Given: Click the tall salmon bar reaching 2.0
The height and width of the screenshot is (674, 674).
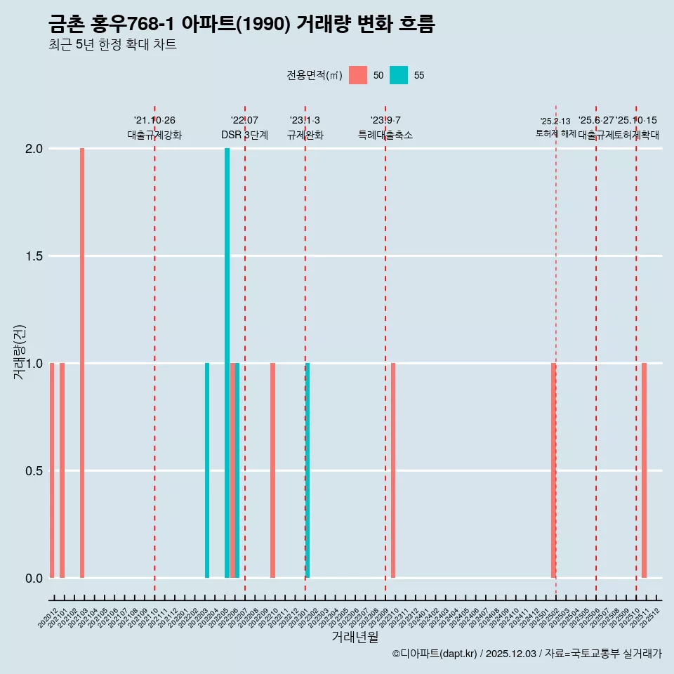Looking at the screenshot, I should [x=82, y=363].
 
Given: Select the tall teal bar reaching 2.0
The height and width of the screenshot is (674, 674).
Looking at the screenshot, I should [x=227, y=363].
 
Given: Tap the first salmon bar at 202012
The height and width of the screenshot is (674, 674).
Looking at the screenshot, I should [x=52, y=470].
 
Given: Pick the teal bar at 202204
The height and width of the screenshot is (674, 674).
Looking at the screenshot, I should [x=207, y=470].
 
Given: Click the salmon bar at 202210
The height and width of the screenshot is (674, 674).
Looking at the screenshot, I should [x=272, y=470].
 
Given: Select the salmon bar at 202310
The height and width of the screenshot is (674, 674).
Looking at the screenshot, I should [x=393, y=470].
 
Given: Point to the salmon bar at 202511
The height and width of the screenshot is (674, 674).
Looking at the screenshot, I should [x=644, y=470].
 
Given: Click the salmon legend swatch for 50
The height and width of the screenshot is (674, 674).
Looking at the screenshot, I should [x=358, y=75].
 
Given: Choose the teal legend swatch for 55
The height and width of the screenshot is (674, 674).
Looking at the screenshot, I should [x=399, y=75].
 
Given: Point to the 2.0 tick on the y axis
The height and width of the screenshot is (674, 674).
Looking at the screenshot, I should [x=35, y=149].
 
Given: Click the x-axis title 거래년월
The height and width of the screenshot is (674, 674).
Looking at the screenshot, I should [x=355, y=637].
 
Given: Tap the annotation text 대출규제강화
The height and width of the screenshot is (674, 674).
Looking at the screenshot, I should [x=154, y=135].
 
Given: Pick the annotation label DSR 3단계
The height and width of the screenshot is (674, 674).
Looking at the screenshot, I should [x=244, y=135].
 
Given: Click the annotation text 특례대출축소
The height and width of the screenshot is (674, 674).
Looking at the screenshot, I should [x=385, y=135].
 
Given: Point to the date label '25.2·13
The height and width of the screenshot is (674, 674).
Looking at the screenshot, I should [x=555, y=121].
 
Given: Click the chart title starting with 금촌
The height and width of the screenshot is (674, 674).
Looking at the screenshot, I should [x=242, y=25].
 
